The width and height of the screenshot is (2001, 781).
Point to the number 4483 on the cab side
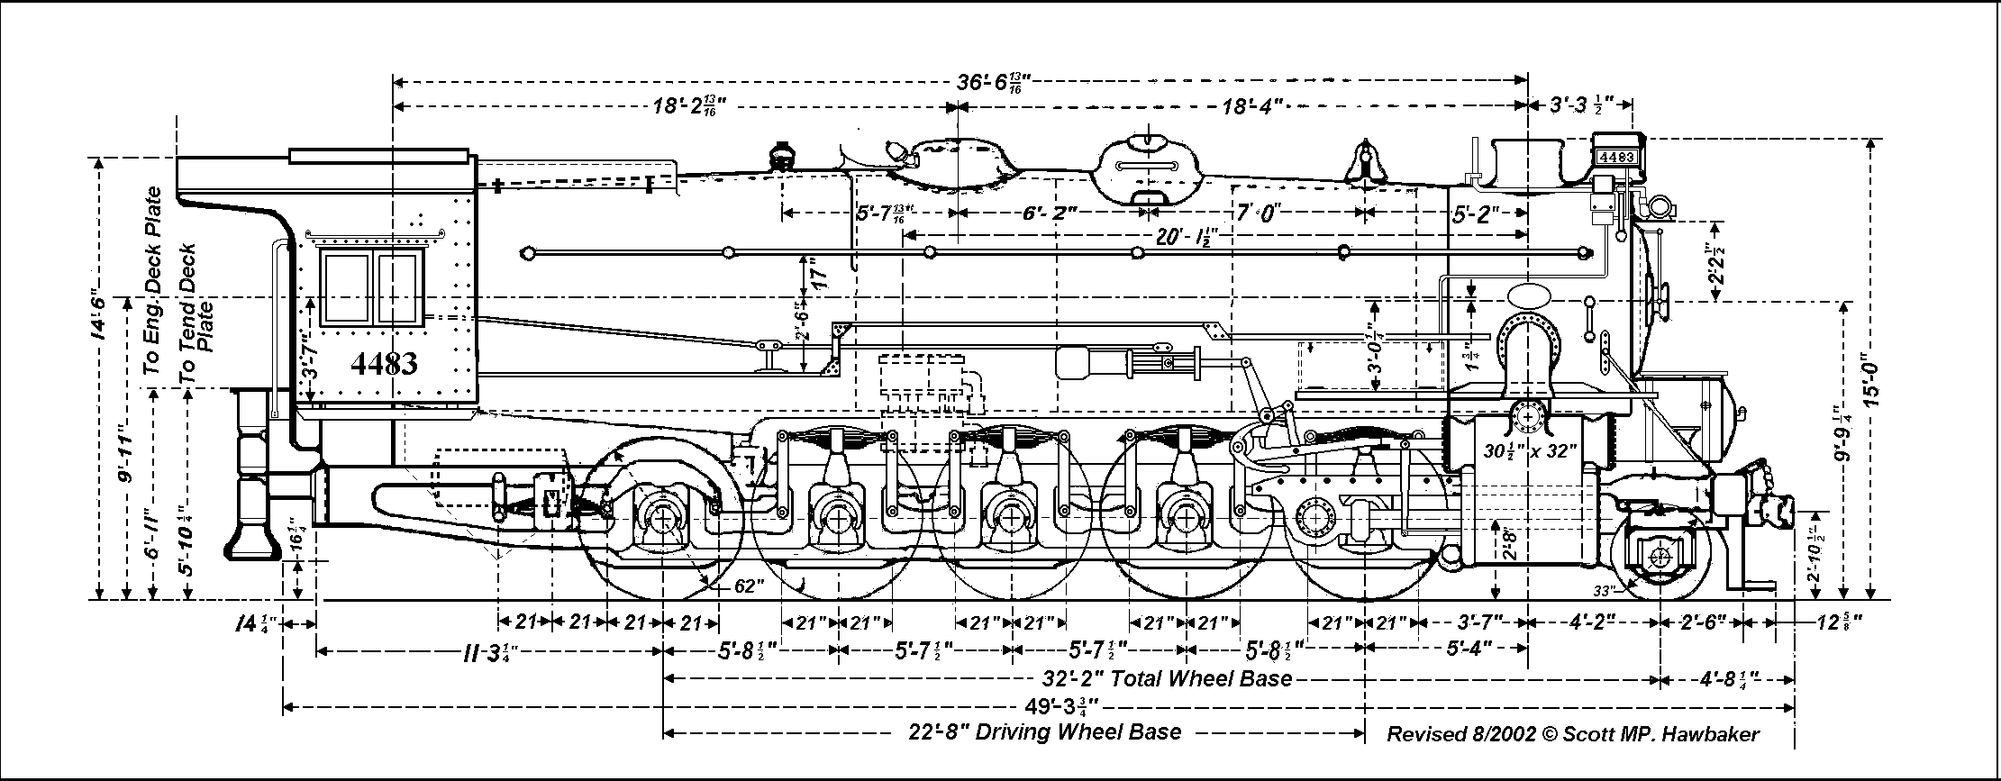tap(384, 364)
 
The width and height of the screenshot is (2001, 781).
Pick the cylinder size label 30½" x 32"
tap(1531, 450)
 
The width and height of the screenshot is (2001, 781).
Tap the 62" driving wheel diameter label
tap(750, 586)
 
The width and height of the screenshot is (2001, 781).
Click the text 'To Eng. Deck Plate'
tap(154, 281)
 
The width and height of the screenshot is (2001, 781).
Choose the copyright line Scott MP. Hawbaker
tap(1572, 734)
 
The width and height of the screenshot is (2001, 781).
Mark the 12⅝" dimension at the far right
tap(1833, 622)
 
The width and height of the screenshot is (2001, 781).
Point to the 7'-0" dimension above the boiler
tap(1258, 213)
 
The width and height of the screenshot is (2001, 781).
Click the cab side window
tap(371, 286)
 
